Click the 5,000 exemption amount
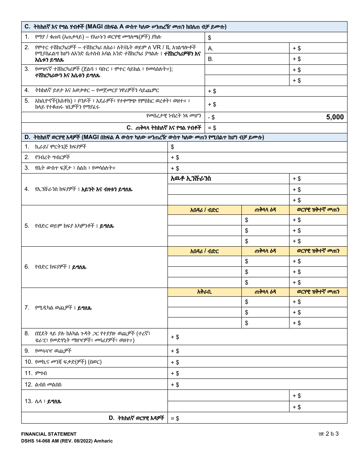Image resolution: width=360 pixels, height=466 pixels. tap(335, 117)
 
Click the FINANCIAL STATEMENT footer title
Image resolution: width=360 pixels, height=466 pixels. tap(49, 434)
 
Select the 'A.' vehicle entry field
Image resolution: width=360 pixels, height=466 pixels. tap(247, 48)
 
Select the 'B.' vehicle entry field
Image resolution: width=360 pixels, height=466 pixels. tap(247, 59)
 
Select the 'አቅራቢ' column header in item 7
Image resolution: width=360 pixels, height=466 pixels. tap(205, 292)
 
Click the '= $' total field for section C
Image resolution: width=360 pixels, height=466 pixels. tap(276, 128)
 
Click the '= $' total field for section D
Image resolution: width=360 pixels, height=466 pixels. tap(257, 418)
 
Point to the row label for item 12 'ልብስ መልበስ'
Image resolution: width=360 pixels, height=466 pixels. tap(43, 385)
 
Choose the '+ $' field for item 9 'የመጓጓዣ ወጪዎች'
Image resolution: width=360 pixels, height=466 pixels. tap(257, 351)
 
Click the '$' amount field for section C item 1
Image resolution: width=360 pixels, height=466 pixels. tap(276, 38)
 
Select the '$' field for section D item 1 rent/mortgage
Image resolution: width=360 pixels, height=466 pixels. tap(257, 147)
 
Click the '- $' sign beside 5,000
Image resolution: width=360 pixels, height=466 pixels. tap(211, 117)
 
